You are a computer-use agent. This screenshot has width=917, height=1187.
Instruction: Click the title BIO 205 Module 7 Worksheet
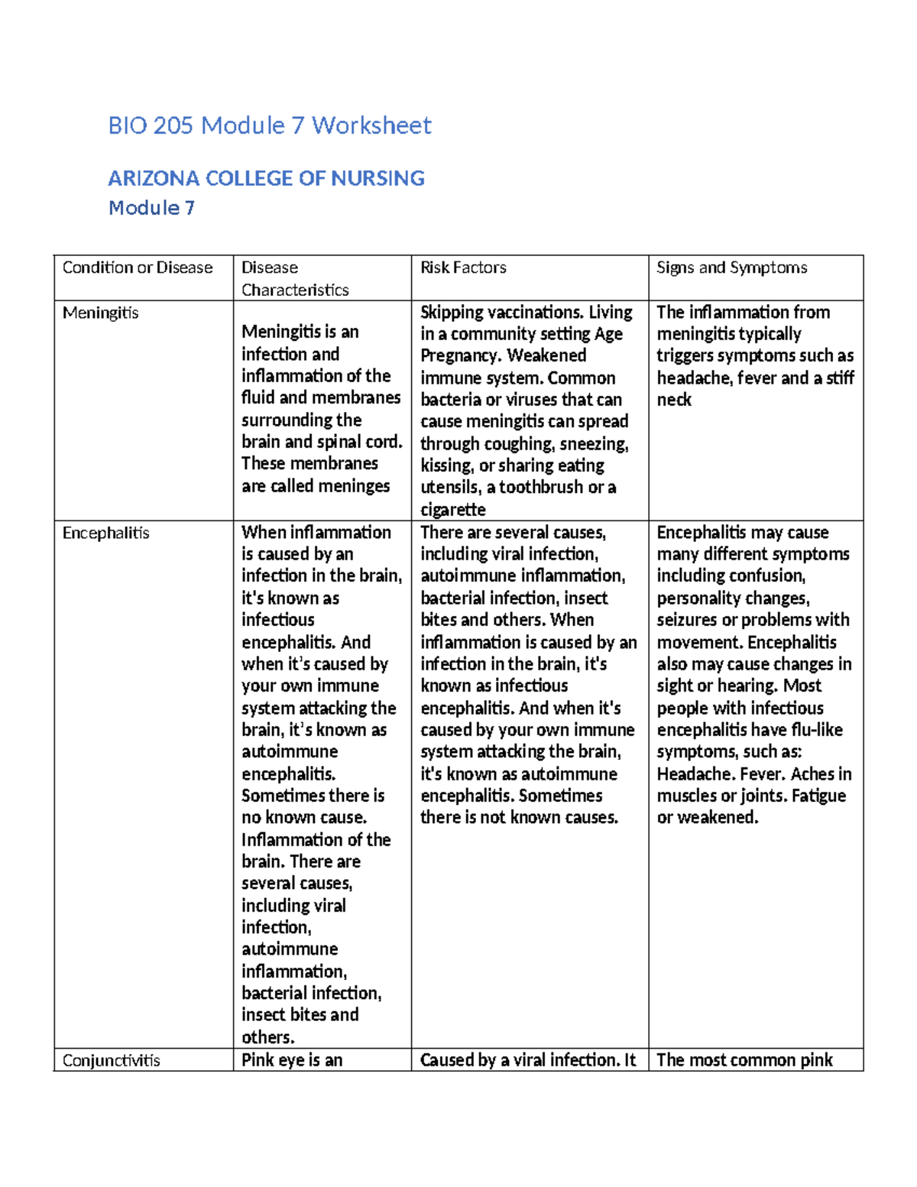tap(270, 125)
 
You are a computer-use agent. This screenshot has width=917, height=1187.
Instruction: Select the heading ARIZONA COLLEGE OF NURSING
tap(266, 178)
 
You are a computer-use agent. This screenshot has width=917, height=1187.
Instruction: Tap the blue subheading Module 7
tap(151, 208)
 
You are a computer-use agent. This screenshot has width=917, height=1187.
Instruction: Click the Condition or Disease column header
tap(138, 268)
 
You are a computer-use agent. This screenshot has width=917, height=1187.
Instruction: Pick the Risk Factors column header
tap(463, 268)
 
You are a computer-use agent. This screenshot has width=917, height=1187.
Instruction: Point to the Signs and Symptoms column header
tap(731, 268)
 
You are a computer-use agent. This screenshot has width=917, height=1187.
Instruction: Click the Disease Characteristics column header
tap(294, 278)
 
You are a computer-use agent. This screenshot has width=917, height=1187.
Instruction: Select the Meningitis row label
tap(101, 313)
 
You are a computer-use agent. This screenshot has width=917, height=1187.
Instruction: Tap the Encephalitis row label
tap(105, 533)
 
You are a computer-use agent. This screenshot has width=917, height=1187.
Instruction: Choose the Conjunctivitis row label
tap(112, 1060)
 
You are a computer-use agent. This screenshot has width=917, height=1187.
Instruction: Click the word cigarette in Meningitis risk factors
tap(453, 510)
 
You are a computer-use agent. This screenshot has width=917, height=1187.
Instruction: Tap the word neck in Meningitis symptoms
tap(674, 400)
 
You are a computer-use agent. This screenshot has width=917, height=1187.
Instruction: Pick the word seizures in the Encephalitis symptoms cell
tap(686, 620)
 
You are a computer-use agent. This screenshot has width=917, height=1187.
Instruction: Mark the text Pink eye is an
tap(292, 1060)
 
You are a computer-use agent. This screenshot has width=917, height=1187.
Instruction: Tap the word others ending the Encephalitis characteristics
tap(267, 1038)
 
